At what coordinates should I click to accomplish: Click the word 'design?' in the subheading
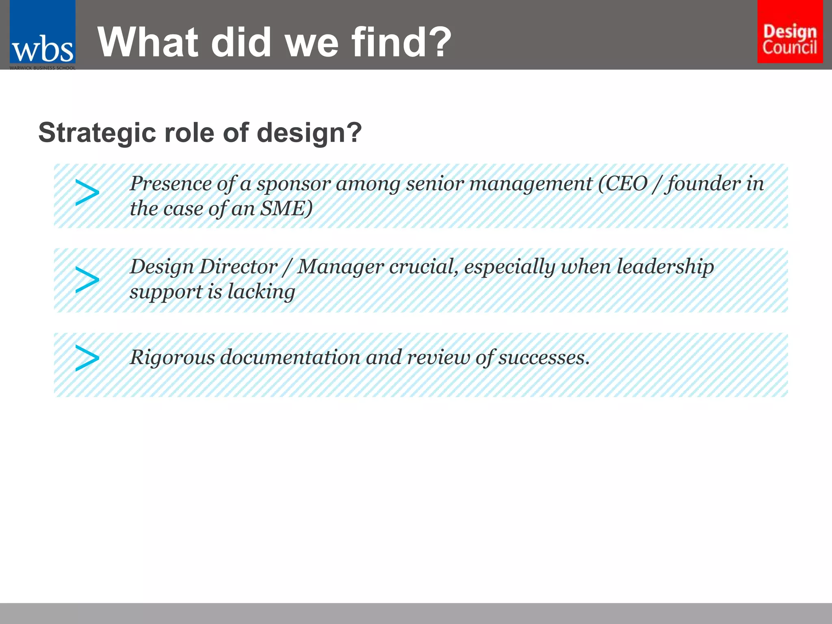309,133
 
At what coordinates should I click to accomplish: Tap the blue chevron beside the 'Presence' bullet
87,193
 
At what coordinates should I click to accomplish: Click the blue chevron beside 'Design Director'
87,279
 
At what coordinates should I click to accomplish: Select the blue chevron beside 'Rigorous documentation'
87,358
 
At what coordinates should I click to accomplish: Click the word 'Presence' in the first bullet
170,184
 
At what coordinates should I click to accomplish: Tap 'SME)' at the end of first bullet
286,209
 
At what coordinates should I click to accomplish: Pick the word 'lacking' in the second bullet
261,292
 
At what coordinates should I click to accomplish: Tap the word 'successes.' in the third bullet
544,357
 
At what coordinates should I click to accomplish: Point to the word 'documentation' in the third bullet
290,357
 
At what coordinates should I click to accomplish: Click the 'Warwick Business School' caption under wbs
43,68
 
